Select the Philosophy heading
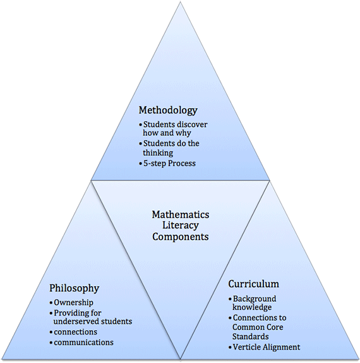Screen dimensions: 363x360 pyautogui.click(x=75, y=288)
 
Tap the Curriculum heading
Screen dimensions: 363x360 pyautogui.click(x=253, y=284)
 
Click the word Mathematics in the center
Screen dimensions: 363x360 pyautogui.click(x=180, y=214)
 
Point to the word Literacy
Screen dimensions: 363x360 pyautogui.click(x=180, y=225)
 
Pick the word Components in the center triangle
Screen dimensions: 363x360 pyautogui.click(x=180, y=237)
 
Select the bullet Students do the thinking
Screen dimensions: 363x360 pyautogui.click(x=171, y=148)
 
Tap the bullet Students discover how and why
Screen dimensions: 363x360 pyautogui.click(x=174, y=129)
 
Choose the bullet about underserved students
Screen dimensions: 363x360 pyautogui.click(x=92, y=317)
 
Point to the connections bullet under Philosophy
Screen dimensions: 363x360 pyautogui.click(x=75, y=331)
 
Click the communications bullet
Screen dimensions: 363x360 pyautogui.click(x=83, y=342)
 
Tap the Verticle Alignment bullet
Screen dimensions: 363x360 pyautogui.click(x=266, y=347)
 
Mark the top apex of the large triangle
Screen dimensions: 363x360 pyautogui.click(x=181, y=3)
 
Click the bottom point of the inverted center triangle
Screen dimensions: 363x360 pyautogui.click(x=181, y=359)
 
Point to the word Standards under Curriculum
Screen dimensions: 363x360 pyautogui.click(x=251, y=336)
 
